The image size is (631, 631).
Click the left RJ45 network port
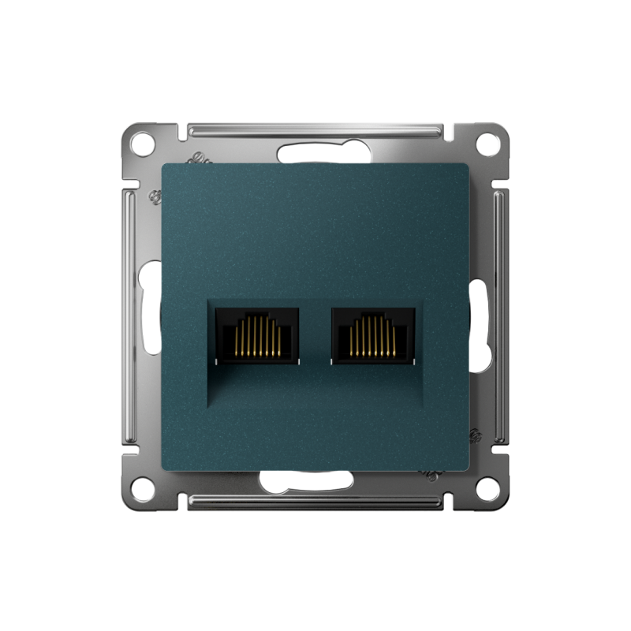[257, 335]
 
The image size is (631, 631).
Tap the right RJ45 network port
[373, 335]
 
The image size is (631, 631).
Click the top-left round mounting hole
[142, 144]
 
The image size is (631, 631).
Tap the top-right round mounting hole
[489, 144]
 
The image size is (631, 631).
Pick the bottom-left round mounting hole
[142, 488]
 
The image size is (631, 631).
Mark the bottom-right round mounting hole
[489, 488]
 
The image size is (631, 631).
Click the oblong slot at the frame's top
[315, 153]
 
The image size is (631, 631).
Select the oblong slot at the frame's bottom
[315, 480]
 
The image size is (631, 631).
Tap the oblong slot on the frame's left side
[147, 315]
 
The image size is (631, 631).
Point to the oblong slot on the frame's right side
[481, 315]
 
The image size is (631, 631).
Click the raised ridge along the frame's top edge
[315, 128]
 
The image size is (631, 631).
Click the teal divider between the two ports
[315, 335]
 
